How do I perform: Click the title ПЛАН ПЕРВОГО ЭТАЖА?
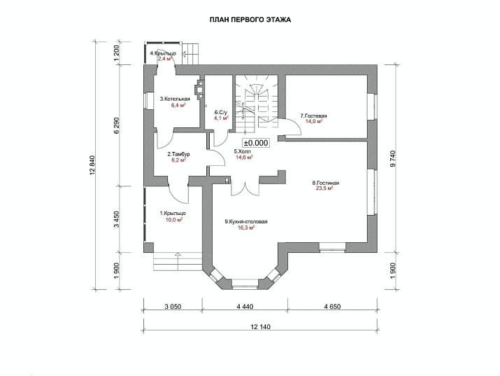250,20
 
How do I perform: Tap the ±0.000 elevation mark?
256,143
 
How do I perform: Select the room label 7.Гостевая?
314,116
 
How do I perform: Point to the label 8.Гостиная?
325,183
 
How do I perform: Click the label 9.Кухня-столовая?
246,221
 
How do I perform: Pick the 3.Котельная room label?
175,99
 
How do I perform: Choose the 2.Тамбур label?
178,154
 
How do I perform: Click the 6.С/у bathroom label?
221,112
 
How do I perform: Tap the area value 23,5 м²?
324,188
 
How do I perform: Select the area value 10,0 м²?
174,220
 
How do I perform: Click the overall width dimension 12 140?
261,327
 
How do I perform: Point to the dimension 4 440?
245,307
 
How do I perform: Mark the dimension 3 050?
173,307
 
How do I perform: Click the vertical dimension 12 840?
93,166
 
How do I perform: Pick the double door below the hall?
245,188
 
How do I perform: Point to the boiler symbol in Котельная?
199,90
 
